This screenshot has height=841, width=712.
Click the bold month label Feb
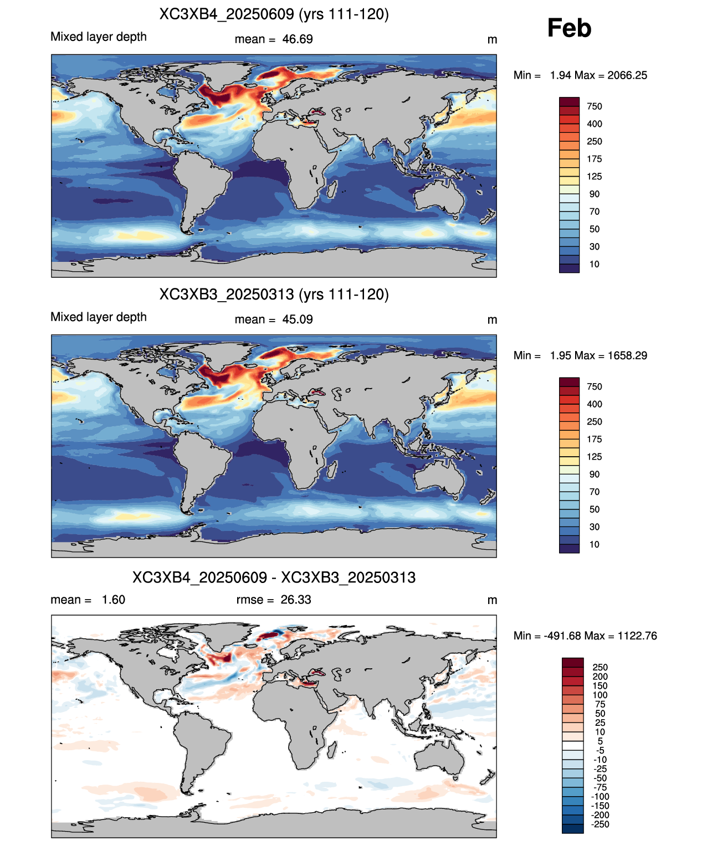click(x=568, y=28)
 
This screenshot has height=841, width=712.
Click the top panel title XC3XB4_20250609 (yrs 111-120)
click(x=274, y=14)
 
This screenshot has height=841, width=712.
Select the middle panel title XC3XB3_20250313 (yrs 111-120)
click(x=274, y=294)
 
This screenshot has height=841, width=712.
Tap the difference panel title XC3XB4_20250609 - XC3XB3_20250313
click(x=274, y=577)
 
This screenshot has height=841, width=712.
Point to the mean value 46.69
click(x=298, y=39)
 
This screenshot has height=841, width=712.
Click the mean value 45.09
click(x=298, y=319)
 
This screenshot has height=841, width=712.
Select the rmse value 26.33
click(x=296, y=600)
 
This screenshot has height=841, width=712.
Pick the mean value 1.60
click(x=114, y=600)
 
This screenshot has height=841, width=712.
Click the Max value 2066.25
click(x=627, y=75)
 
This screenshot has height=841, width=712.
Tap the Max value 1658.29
click(x=627, y=355)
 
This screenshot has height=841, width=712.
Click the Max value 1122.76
click(x=637, y=636)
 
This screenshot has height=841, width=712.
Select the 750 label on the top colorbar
click(x=595, y=107)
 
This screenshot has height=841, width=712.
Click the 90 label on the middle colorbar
click(x=595, y=474)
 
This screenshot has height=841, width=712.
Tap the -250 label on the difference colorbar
click(x=600, y=824)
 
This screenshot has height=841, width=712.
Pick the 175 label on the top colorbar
click(x=595, y=159)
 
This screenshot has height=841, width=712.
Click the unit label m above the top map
click(x=492, y=40)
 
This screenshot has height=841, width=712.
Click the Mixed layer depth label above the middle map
click(x=99, y=317)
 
